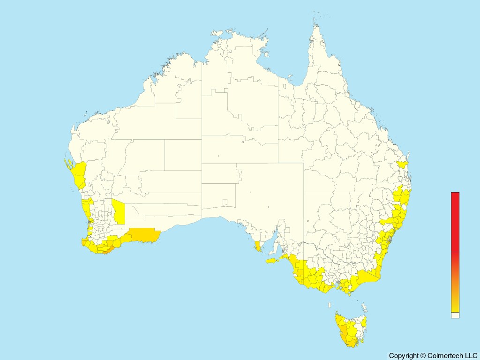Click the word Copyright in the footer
coord(404,356)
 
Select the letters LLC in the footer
coord(470,356)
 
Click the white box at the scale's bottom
coord(455,315)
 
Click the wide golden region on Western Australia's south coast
coord(144,234)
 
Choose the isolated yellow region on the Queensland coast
coord(402,165)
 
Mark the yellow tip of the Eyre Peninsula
coord(257,246)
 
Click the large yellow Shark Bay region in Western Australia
coord(80,173)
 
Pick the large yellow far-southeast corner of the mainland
coord(368,277)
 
